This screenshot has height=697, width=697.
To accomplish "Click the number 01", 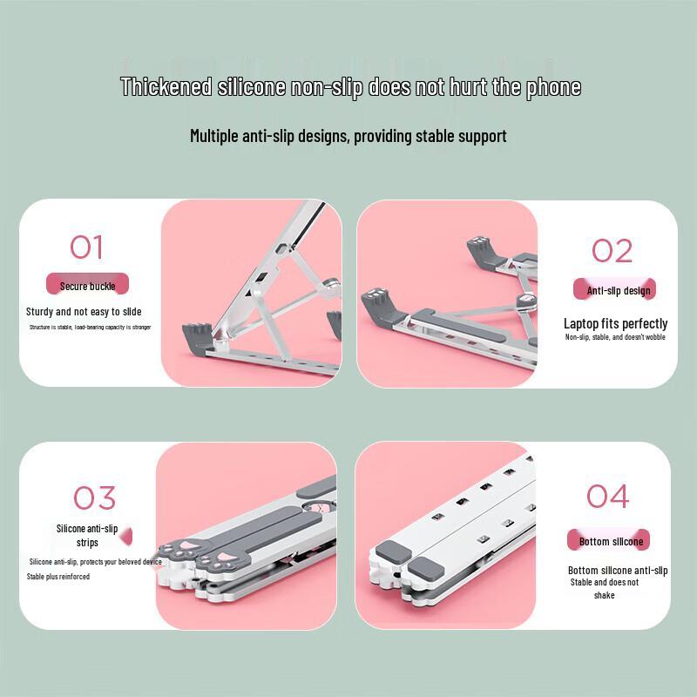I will pyautogui.click(x=86, y=247).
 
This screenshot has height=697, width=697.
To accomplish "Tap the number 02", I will pyautogui.click(x=612, y=251).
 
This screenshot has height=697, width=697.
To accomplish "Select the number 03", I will pyautogui.click(x=94, y=497).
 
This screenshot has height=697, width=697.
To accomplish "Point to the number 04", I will pyautogui.click(x=607, y=496).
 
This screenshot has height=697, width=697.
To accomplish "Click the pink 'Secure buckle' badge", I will pyautogui.click(x=87, y=285).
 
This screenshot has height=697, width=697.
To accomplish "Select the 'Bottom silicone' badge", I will pyautogui.click(x=610, y=541).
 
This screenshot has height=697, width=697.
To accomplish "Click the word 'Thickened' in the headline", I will pyautogui.click(x=166, y=87).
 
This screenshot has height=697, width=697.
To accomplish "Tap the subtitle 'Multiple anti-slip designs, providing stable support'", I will pyautogui.click(x=348, y=136).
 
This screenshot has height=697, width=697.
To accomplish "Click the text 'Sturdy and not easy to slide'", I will pyautogui.click(x=84, y=312).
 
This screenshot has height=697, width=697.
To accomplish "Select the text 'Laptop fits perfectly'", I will pyautogui.click(x=615, y=323).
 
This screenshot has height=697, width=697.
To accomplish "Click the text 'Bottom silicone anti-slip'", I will pyautogui.click(x=618, y=571).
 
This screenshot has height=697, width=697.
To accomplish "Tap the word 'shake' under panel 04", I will pyautogui.click(x=604, y=595).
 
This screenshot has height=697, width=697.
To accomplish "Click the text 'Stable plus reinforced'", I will pyautogui.click(x=58, y=577).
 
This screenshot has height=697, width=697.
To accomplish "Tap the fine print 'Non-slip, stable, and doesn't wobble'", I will pyautogui.click(x=615, y=337).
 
